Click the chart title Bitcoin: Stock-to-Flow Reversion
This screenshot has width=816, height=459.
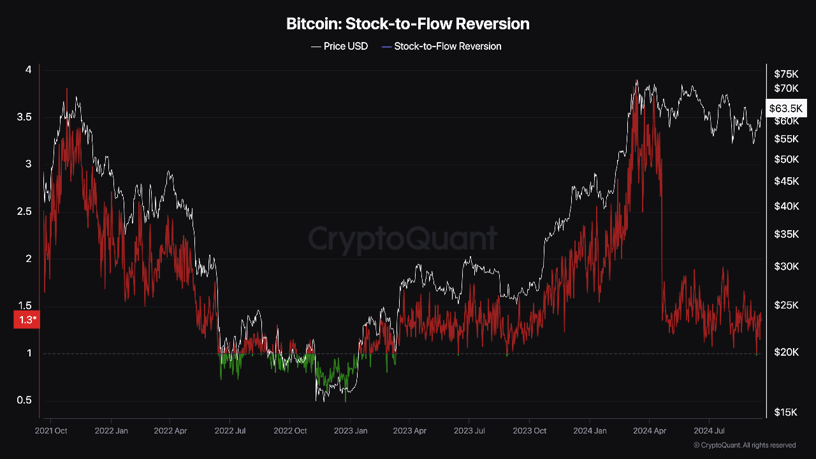[x=408, y=24]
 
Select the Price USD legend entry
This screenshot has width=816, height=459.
[x=340, y=47]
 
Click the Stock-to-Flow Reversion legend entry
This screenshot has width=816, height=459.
[x=441, y=47]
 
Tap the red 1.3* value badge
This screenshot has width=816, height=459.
[x=27, y=320]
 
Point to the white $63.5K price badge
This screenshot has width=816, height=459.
[x=787, y=108]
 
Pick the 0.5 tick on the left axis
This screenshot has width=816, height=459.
[x=24, y=400]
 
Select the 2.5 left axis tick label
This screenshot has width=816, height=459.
[x=24, y=212]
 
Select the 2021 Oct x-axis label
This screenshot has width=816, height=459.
[x=52, y=431]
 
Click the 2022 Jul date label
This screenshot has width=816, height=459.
[x=231, y=431]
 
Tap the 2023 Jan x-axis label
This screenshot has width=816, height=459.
[x=351, y=431]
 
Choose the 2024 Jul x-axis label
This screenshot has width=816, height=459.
[x=709, y=431]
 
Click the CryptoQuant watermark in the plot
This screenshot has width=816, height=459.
[x=403, y=239]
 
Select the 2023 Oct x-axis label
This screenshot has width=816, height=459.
[x=530, y=431]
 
